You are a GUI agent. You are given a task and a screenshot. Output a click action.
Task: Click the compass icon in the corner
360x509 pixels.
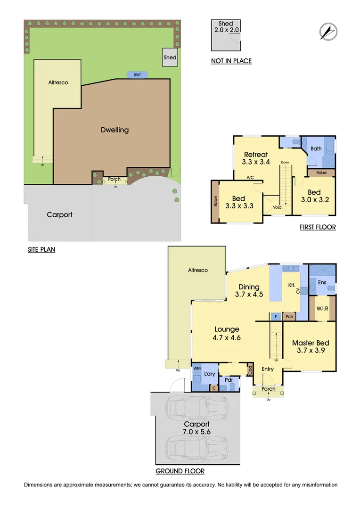coord(328,31)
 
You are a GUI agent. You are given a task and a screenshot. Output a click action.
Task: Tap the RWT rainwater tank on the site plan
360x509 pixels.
coord(137,74)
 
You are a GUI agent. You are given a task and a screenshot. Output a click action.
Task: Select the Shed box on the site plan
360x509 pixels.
coord(170,57)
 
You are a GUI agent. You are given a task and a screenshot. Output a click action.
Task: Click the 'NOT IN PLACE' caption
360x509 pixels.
coord(231,61)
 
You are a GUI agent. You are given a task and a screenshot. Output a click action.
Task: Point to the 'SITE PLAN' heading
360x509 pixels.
coord(41,250)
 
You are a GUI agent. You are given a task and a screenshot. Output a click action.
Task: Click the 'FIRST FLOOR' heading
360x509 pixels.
coord(318,227)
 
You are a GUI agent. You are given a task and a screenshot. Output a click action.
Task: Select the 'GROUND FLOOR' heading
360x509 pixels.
coord(180,471)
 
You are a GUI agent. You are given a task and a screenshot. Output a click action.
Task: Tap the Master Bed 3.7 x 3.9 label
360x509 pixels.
coord(310,347)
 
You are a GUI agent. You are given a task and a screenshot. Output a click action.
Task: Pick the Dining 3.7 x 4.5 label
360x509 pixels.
coord(249,291)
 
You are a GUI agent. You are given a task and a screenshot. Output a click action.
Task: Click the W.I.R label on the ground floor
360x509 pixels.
coord(322,308)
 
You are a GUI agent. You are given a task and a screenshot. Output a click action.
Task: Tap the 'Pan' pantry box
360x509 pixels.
coord(289,317)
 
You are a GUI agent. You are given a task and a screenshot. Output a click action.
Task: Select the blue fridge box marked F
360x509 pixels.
coord(276,317)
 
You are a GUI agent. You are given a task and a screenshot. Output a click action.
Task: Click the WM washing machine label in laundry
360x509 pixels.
coord(196,368)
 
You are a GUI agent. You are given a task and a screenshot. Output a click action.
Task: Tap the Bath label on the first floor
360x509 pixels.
coord(316,149)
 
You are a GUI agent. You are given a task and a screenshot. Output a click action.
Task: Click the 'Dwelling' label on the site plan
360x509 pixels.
coord(115,130)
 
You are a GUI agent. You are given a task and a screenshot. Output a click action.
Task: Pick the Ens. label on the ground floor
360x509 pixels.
coord(322,282)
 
